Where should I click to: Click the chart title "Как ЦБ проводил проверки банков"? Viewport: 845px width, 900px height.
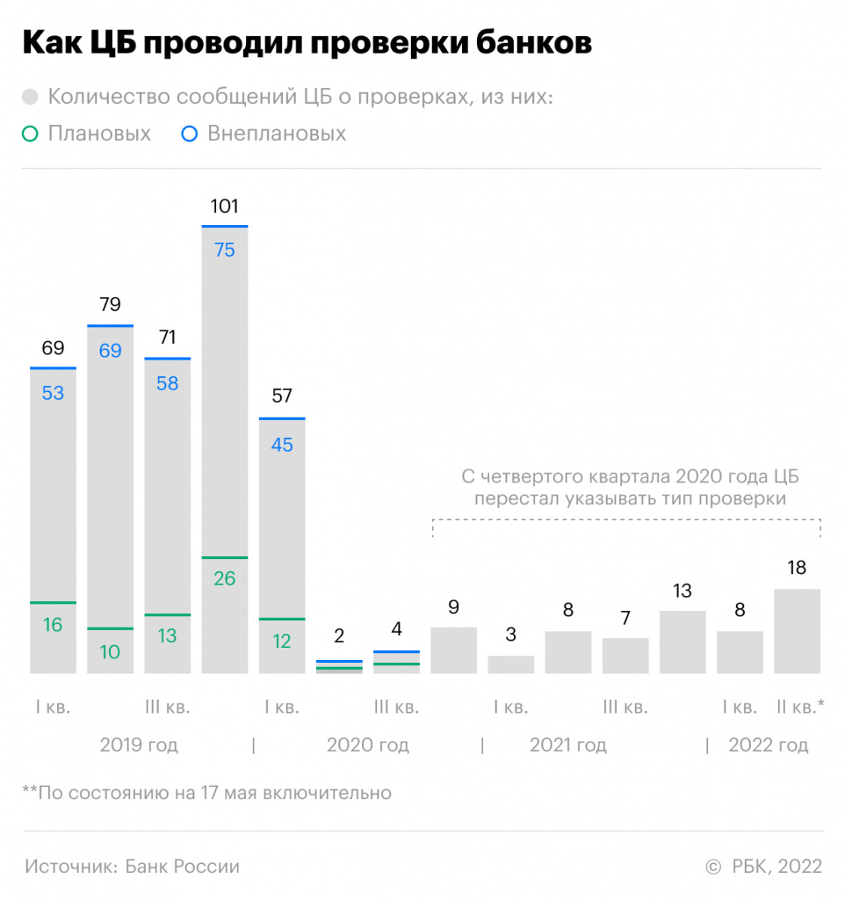[x=307, y=43]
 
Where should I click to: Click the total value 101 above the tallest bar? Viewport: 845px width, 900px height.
[x=225, y=207]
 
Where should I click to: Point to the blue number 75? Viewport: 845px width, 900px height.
[x=225, y=250]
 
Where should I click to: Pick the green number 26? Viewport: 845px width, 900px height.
[x=225, y=578]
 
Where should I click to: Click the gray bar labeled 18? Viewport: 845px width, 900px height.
[x=797, y=631]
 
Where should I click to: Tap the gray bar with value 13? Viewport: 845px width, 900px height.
[x=682, y=642]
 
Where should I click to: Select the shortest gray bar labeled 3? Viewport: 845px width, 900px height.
[x=510, y=664]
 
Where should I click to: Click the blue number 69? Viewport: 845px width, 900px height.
[x=110, y=351]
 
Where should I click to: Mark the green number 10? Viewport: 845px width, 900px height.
[x=110, y=651]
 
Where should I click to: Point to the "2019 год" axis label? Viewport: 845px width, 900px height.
[x=139, y=746]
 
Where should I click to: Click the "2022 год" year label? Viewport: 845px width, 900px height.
[x=769, y=746]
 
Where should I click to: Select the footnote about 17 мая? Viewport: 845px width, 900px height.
[x=206, y=793]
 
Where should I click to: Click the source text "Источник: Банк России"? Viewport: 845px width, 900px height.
[x=132, y=867]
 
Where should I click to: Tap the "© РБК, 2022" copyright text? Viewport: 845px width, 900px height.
[x=764, y=867]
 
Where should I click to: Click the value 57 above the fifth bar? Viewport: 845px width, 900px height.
[x=282, y=396]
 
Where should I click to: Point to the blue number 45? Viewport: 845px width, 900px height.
[x=282, y=445]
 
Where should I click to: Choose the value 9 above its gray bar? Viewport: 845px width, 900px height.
[x=453, y=606]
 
